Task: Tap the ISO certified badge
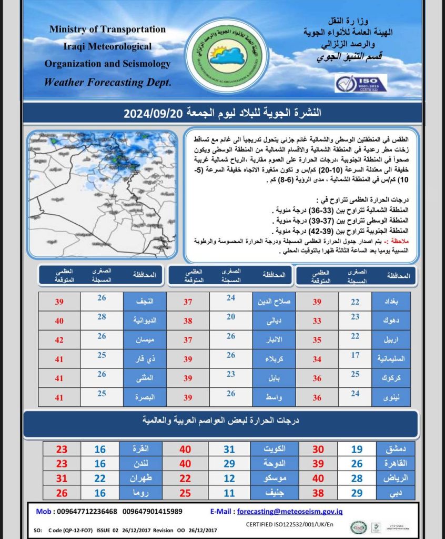(360, 83)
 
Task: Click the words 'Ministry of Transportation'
(107, 29)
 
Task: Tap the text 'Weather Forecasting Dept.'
(107, 82)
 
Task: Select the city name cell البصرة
(145, 397)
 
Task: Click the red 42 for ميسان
(59, 340)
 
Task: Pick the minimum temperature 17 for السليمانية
(355, 355)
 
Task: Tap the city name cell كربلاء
(274, 359)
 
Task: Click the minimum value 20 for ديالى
(230, 317)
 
